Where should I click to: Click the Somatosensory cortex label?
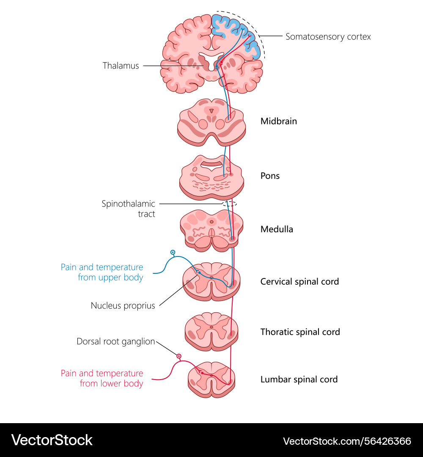(328, 37)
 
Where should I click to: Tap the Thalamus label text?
(121, 66)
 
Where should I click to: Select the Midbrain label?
(278, 121)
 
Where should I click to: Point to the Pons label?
(270, 176)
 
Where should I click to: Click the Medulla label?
(277, 229)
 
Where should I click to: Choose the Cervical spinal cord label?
(299, 281)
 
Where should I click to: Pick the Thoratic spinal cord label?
(300, 332)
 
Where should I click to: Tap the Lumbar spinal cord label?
(299, 379)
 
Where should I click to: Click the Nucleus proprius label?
(123, 306)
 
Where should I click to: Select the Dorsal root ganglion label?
(115, 341)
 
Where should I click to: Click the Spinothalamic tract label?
(128, 209)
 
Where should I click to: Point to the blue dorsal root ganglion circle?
(173, 253)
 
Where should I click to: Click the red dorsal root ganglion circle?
(179, 357)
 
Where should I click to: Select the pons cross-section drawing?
(211, 177)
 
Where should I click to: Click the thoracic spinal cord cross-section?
(211, 331)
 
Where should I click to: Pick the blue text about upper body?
(102, 273)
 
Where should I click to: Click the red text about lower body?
(102, 378)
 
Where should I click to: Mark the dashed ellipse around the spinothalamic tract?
(229, 204)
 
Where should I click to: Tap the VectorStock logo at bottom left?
(52, 440)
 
